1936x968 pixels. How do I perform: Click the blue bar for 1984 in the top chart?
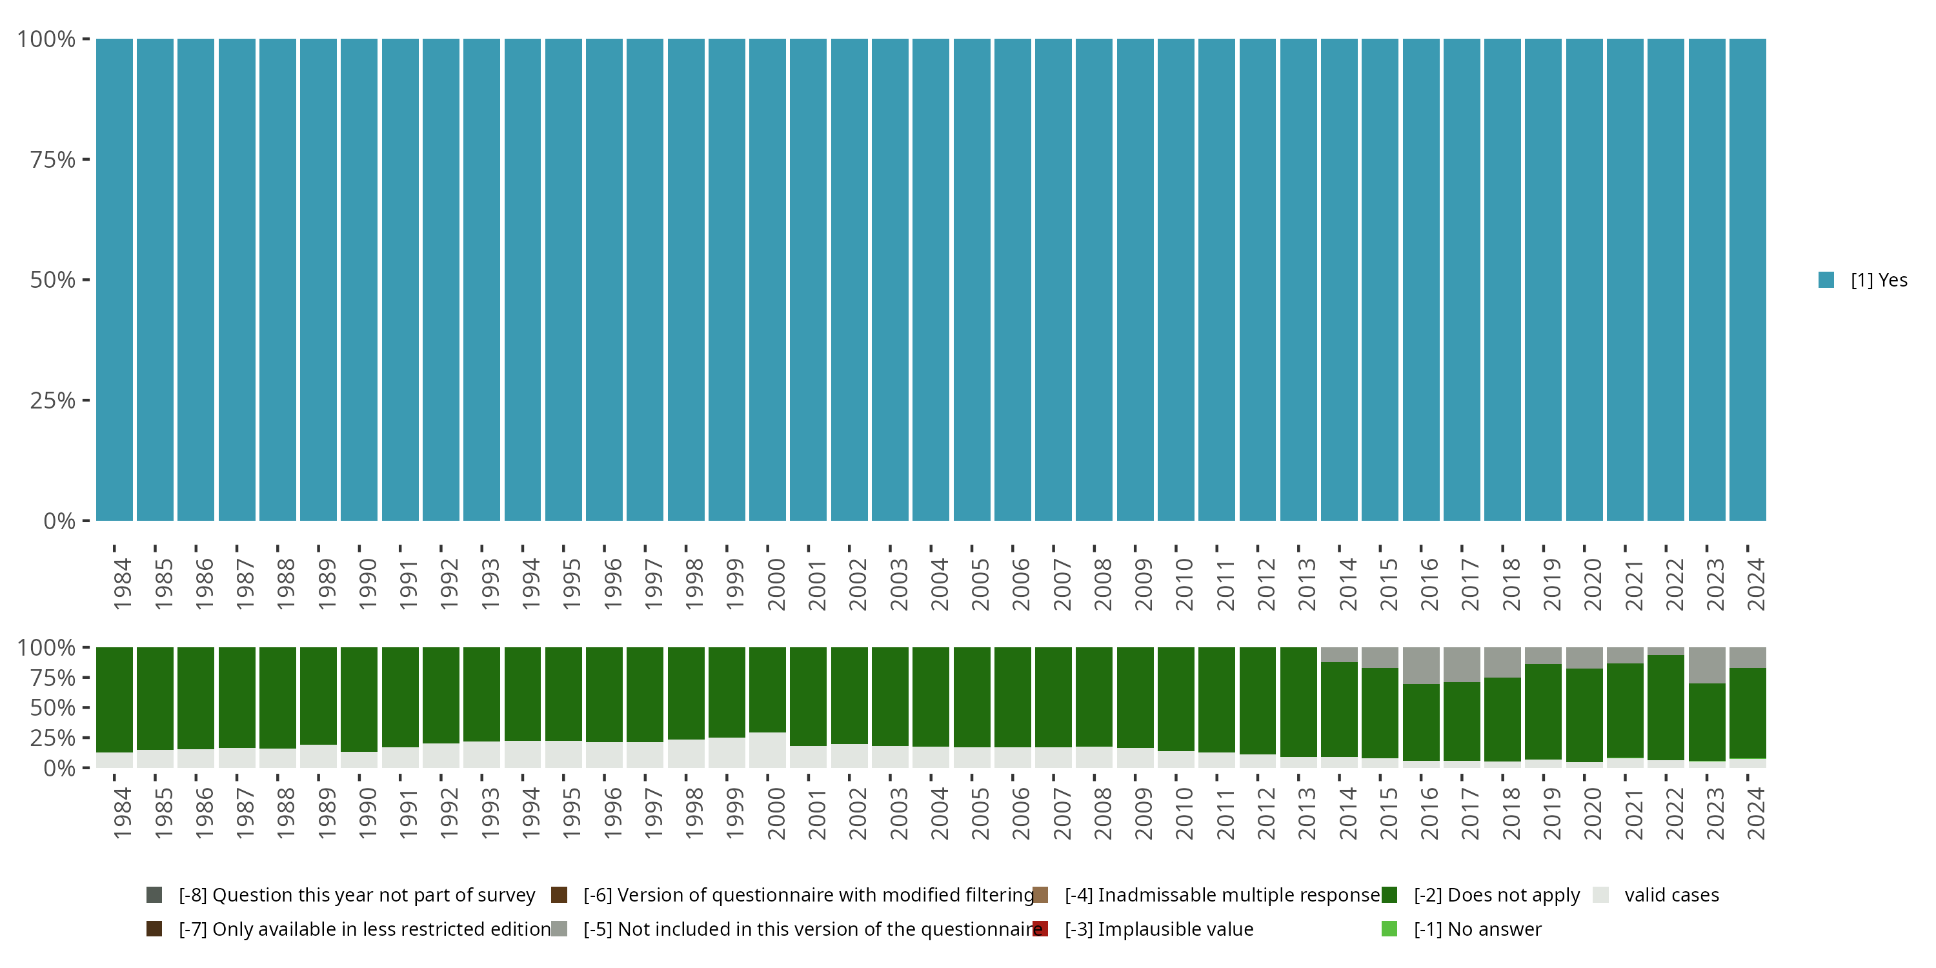pos(114,279)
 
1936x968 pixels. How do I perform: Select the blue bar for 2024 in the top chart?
pos(1748,279)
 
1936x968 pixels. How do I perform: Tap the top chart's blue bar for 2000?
pos(767,279)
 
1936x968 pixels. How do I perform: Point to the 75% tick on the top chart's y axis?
pos(53,159)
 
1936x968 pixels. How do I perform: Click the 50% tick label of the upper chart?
pos(53,280)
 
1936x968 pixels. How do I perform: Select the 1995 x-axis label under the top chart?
pos(571,584)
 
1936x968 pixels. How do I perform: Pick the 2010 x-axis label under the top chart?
pos(1184,584)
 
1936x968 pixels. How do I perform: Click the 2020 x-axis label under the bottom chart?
pos(1592,813)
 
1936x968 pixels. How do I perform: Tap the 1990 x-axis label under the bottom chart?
pos(367,813)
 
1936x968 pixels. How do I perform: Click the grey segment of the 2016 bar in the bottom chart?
pos(1420,665)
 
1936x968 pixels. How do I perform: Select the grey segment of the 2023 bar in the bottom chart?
pos(1707,665)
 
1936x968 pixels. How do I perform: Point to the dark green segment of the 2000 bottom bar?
pos(767,689)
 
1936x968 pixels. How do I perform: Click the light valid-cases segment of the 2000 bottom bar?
pos(767,750)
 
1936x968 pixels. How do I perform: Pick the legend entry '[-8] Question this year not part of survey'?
pos(356,895)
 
